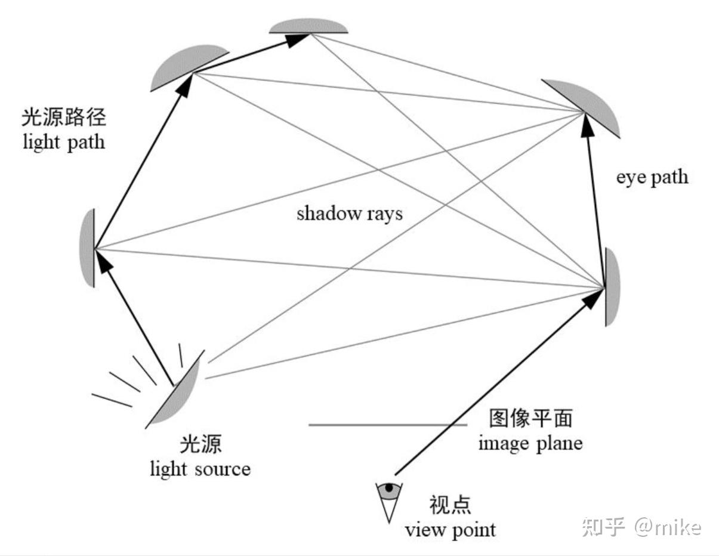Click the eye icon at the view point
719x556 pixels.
click(389, 490)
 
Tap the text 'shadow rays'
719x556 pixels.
click(350, 213)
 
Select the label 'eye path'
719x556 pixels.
click(652, 177)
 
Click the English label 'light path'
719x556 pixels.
click(63, 142)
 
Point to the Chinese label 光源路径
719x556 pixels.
click(63, 118)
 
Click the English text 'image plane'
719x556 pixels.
click(530, 443)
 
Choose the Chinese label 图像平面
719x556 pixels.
click(530, 419)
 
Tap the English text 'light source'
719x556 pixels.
click(200, 468)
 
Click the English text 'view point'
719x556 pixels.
click(450, 529)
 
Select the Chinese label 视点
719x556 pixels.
click(450, 505)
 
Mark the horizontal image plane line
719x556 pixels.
click(388, 425)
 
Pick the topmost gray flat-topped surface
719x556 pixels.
click(308, 26)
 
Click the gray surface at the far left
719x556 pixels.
click(87, 248)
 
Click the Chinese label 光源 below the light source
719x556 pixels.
click(200, 445)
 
